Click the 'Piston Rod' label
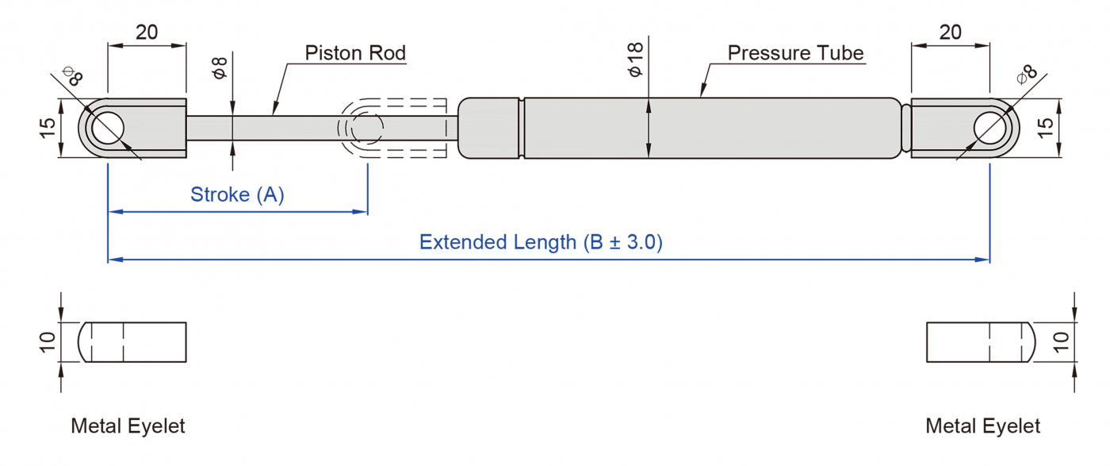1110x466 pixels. [x=355, y=53]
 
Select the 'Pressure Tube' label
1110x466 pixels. [x=795, y=53]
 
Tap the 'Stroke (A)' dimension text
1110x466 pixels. [x=237, y=194]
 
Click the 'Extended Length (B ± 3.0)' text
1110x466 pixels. [x=541, y=242]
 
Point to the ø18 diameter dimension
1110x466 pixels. [x=635, y=60]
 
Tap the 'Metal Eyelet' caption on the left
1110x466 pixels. [x=128, y=426]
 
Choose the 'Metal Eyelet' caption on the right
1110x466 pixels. [x=982, y=426]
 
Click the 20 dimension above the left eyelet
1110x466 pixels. [x=147, y=33]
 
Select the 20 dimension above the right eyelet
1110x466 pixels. [x=950, y=33]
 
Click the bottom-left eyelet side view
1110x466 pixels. [x=132, y=342]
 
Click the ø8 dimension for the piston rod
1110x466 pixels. [x=220, y=68]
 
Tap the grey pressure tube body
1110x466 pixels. [x=714, y=128]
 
